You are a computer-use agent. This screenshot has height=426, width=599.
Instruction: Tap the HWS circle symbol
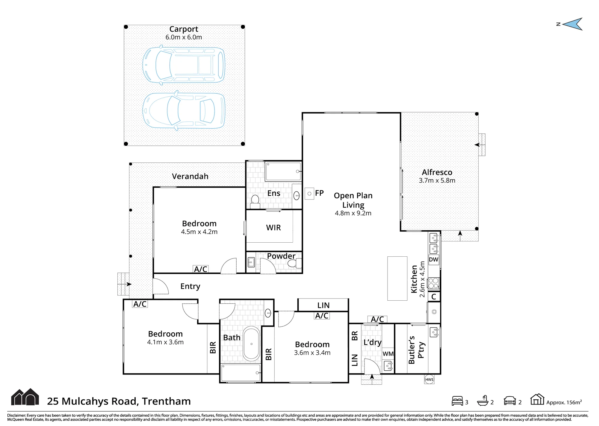click(429, 379)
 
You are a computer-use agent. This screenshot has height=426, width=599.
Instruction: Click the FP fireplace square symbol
click(309, 194)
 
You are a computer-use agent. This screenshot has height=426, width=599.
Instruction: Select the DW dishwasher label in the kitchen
click(433, 259)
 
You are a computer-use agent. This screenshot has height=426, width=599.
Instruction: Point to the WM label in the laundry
click(388, 354)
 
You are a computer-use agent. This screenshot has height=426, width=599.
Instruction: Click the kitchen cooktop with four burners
click(433, 283)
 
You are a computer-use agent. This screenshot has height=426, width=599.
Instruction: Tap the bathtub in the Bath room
click(251, 344)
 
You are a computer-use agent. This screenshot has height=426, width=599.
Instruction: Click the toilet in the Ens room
click(255, 202)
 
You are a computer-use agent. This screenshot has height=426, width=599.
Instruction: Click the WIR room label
click(273, 228)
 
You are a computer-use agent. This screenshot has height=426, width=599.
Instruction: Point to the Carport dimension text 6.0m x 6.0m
click(184, 37)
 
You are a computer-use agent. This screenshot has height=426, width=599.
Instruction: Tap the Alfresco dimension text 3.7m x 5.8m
click(437, 180)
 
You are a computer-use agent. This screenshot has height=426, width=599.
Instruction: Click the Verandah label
click(190, 176)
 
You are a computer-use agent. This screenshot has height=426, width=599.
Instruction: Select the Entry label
click(190, 286)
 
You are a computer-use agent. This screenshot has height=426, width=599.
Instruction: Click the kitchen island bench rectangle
click(397, 278)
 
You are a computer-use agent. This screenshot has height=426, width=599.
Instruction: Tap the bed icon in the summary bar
click(457, 401)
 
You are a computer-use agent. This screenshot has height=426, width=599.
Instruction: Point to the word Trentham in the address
click(166, 401)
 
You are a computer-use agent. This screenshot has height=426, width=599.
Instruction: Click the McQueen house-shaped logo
click(25, 397)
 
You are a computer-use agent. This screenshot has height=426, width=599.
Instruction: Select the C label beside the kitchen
click(434, 297)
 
